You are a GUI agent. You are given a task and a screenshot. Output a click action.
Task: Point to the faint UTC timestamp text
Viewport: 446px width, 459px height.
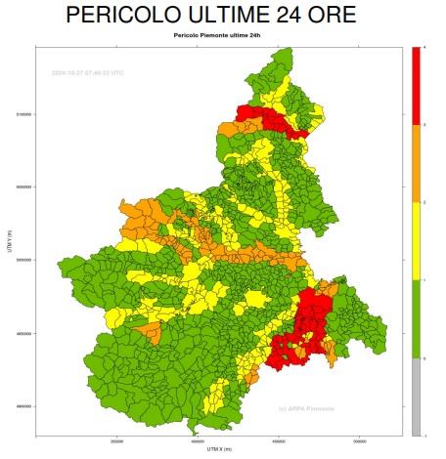click(x=87, y=72)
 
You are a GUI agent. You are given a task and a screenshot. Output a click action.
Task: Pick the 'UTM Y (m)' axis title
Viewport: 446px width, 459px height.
click(x=10, y=239)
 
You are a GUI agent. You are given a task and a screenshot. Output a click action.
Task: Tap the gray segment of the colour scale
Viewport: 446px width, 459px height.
click(x=419, y=396)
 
